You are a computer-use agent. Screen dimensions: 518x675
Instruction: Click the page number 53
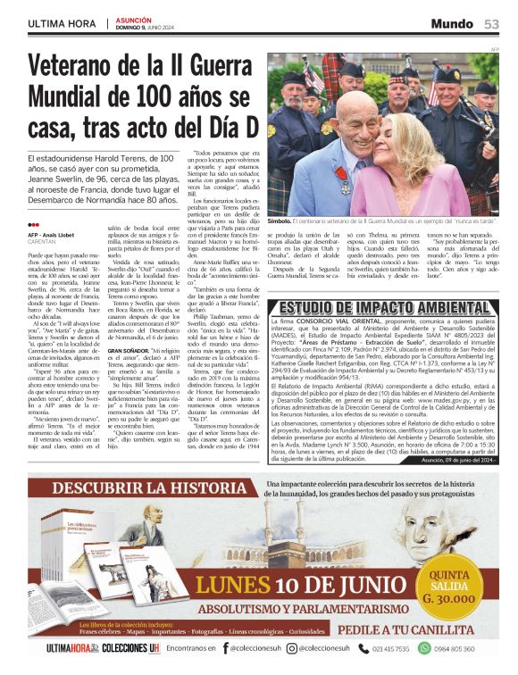point(491,23)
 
